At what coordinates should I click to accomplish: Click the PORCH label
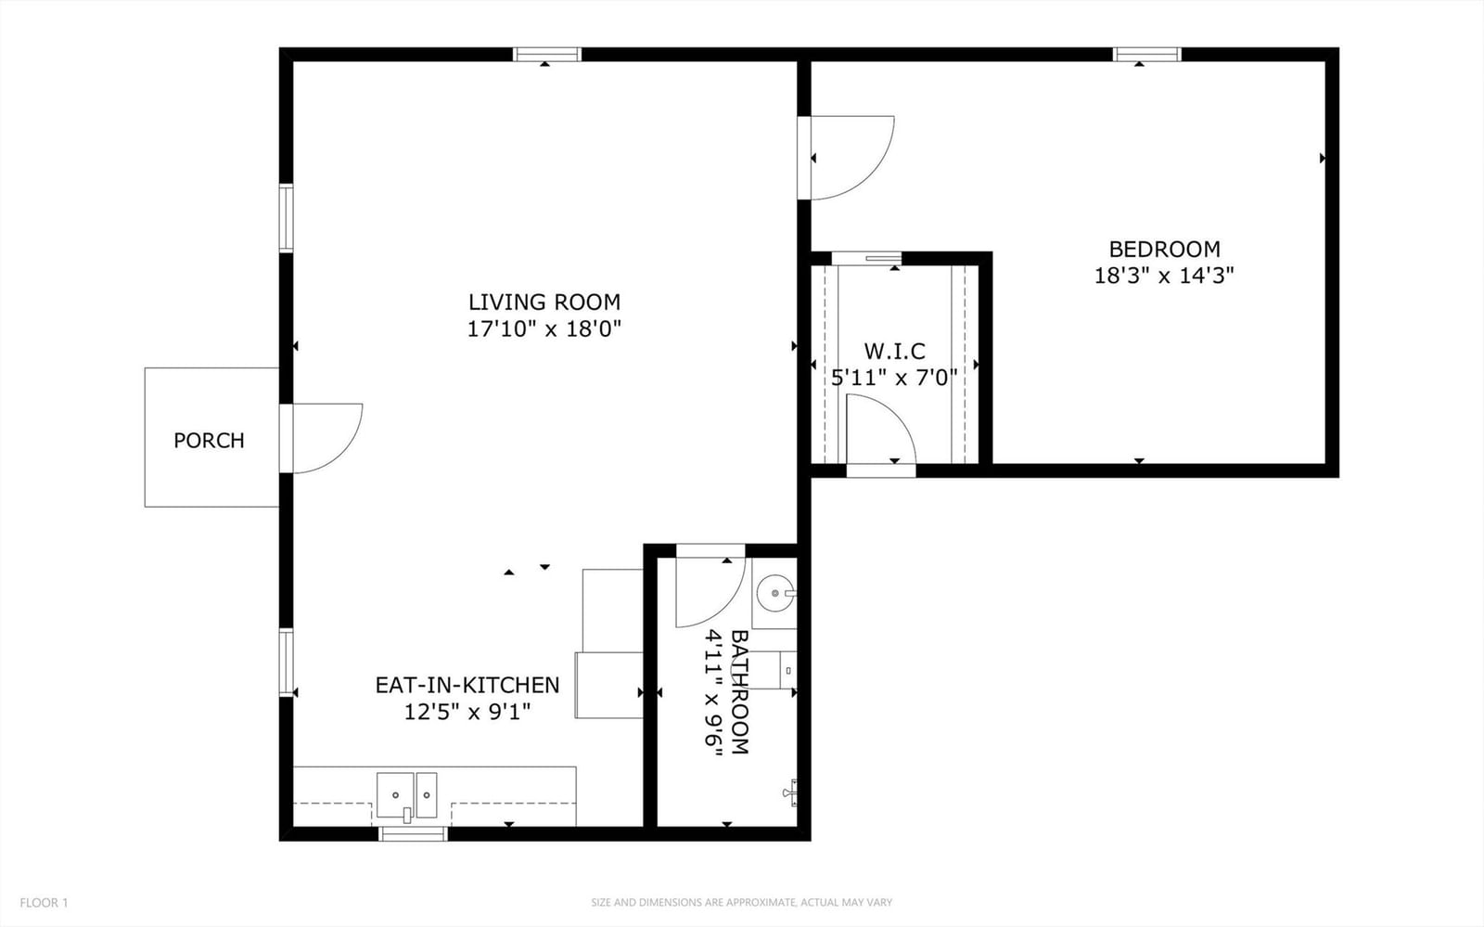tap(210, 440)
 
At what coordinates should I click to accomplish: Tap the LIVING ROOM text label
tap(544, 303)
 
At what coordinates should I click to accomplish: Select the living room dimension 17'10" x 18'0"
tap(544, 328)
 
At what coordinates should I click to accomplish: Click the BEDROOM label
tap(1165, 249)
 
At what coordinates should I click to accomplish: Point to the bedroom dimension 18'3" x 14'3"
tap(1164, 276)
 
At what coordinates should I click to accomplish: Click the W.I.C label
tap(894, 351)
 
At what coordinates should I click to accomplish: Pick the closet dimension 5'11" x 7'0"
tap(894, 378)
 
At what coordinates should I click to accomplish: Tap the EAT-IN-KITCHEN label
tap(467, 685)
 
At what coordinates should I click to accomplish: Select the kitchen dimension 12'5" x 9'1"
tap(467, 713)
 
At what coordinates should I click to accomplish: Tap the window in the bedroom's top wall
tap(1146, 55)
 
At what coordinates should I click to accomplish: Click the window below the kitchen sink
tap(413, 833)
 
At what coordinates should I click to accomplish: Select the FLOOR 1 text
tap(44, 903)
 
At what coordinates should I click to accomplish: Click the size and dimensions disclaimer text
tap(741, 903)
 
